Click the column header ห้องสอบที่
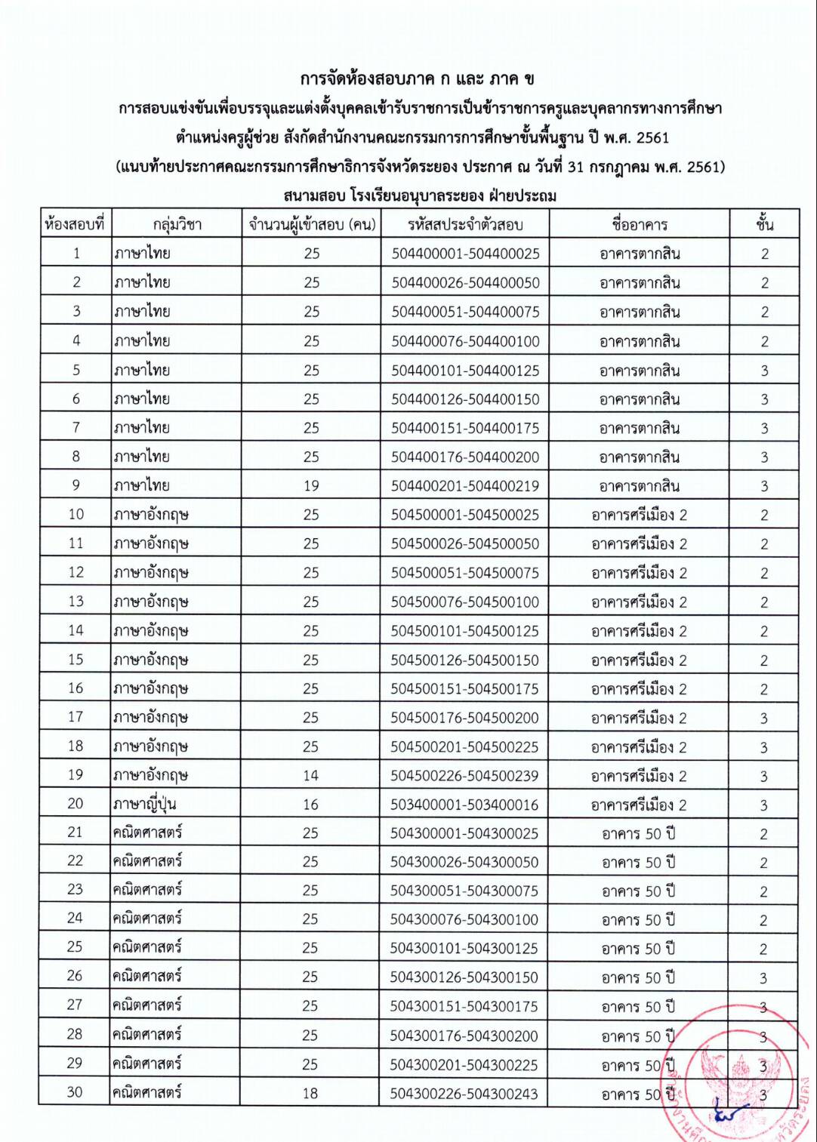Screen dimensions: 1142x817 (x=75, y=224)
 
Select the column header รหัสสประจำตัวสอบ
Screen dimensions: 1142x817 (x=465, y=224)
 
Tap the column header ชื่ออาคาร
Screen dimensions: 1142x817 (x=640, y=224)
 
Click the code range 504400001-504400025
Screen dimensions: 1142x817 (x=465, y=254)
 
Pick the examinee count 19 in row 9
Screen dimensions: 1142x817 (x=311, y=486)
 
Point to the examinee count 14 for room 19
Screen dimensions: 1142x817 (x=310, y=776)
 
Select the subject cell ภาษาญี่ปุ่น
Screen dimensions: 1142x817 (x=145, y=805)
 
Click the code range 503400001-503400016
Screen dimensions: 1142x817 (x=464, y=805)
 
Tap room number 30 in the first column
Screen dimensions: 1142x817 (x=75, y=1092)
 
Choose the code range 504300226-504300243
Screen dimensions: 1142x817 (x=464, y=1094)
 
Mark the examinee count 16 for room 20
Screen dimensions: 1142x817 (x=310, y=805)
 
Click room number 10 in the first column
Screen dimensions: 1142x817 (x=76, y=515)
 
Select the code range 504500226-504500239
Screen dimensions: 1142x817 (x=464, y=776)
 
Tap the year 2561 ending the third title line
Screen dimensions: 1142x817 (x=652, y=137)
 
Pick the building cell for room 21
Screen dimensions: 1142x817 (x=639, y=834)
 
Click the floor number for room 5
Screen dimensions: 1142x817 (x=764, y=371)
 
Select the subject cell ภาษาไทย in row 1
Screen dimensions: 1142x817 (x=142, y=254)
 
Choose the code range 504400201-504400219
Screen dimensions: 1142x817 (x=465, y=486)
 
